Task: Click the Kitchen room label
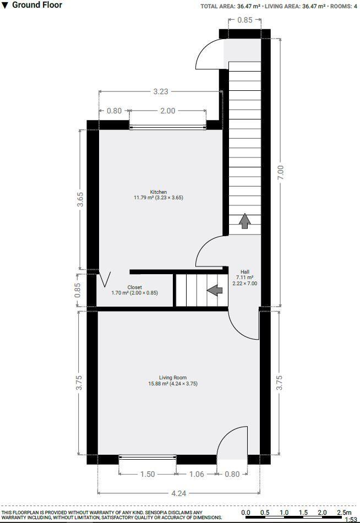point(158,192)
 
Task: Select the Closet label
point(134,287)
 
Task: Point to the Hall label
point(245,272)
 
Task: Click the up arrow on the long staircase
point(244,221)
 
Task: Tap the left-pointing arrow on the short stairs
point(214,290)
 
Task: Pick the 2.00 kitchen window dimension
point(167,111)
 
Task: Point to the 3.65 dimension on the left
point(80,199)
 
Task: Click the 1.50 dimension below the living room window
point(147,474)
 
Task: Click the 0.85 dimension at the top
point(245,20)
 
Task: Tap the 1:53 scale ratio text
point(350,519)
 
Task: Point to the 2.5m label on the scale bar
point(343,512)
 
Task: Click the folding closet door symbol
point(104,279)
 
